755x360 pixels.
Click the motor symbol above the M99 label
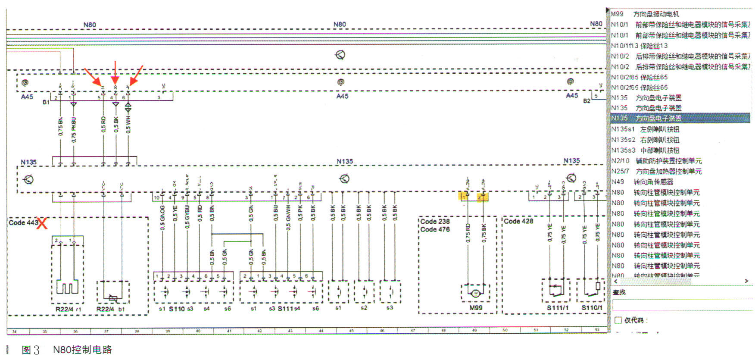(476, 294)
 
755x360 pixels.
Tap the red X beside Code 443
(42, 223)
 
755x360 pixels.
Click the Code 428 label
(518, 221)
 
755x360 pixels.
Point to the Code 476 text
(435, 229)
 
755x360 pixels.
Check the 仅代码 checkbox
(618, 320)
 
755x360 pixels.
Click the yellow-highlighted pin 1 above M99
(463, 197)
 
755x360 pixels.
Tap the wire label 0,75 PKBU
(74, 130)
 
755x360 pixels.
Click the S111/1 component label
(558, 308)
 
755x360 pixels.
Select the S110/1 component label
(592, 308)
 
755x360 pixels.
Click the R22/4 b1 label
(111, 309)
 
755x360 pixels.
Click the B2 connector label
(587, 101)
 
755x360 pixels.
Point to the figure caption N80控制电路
(82, 350)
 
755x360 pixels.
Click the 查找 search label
(619, 292)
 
